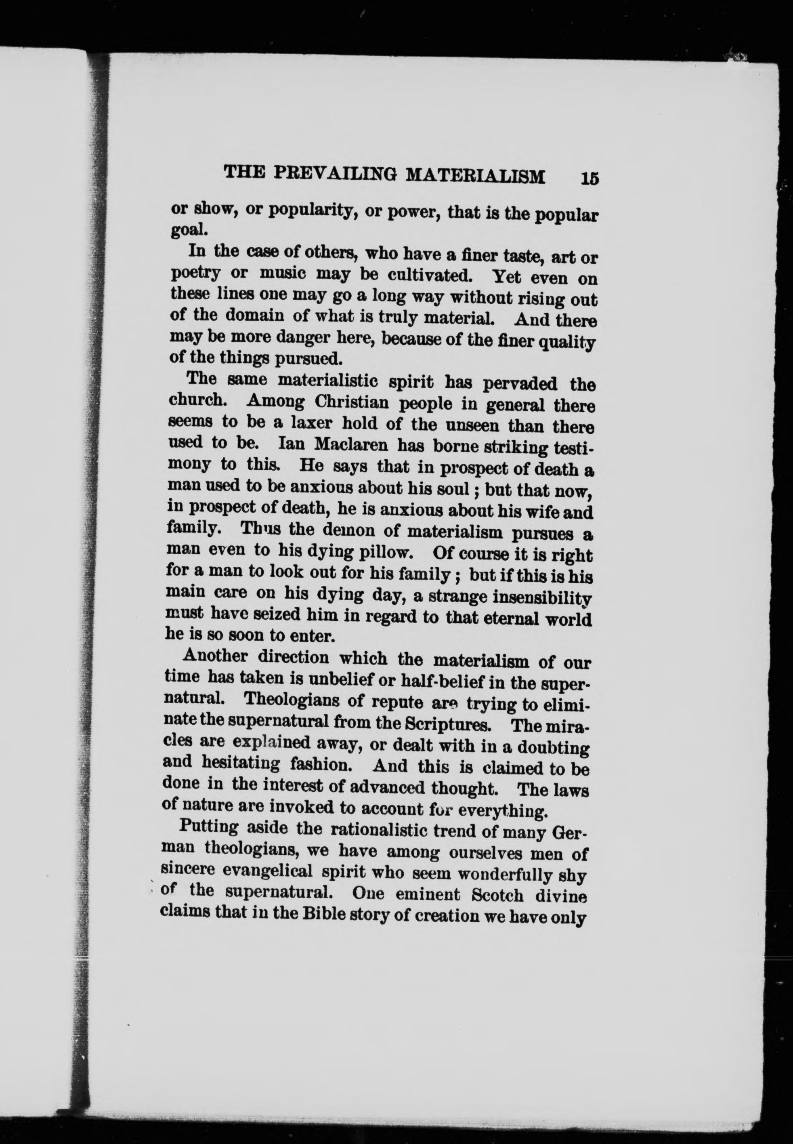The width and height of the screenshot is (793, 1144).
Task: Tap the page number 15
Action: click(x=589, y=178)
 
